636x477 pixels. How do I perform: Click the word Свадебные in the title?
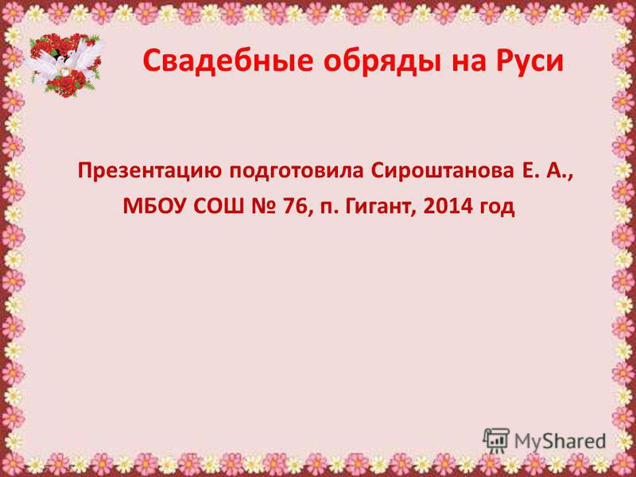tap(228, 61)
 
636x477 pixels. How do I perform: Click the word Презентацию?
tap(150, 171)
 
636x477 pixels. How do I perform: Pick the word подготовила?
tap(296, 172)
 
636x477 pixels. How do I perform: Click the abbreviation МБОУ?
tap(155, 207)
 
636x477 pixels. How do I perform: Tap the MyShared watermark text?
tap(560, 441)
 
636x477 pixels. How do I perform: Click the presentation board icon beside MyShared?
tap(496, 440)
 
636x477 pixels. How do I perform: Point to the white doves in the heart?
tap(65, 61)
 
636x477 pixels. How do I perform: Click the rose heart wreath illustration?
tap(65, 65)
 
